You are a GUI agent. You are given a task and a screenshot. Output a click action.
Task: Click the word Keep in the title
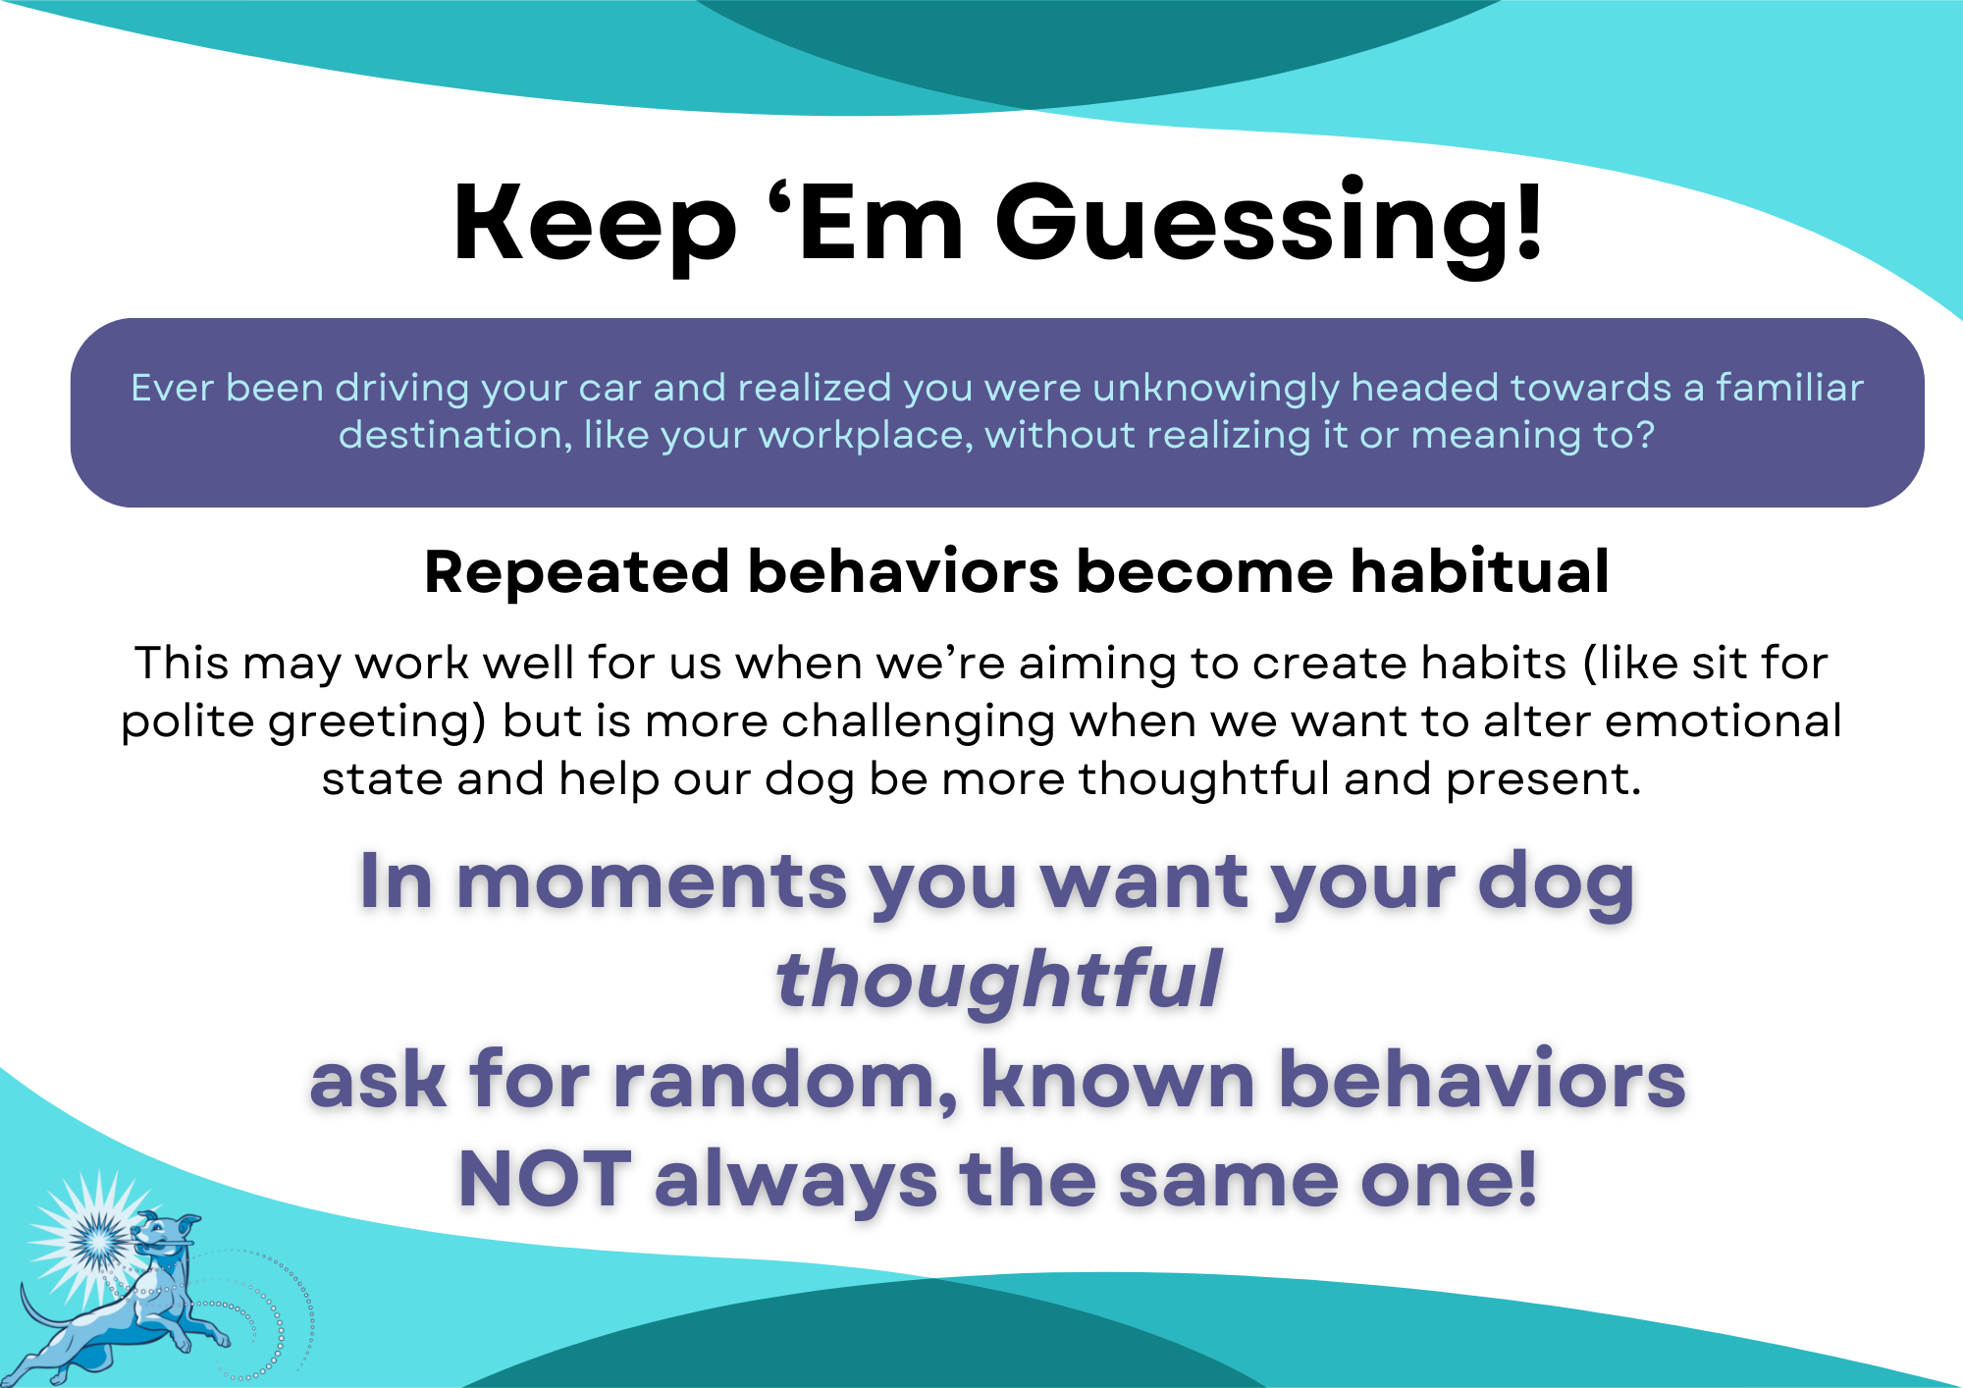tap(595, 224)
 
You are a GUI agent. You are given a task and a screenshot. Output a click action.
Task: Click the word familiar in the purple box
tap(1789, 388)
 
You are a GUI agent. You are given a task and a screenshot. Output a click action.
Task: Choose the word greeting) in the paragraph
tap(378, 722)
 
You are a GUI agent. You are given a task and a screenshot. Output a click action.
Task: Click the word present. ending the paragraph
tap(1543, 780)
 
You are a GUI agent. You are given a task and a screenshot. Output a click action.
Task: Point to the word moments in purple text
tap(652, 881)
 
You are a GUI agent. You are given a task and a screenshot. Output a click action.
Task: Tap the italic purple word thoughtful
tap(998, 979)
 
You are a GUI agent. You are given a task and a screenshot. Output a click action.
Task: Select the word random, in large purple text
tap(785, 1081)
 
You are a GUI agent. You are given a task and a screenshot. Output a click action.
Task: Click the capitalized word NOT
tap(545, 1179)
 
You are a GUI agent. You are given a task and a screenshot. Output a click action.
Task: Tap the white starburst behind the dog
tap(96, 1239)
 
